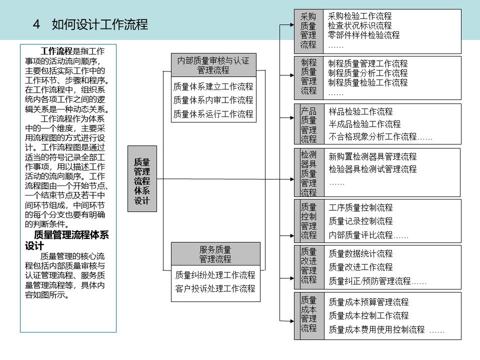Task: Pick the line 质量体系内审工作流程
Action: (x=213, y=100)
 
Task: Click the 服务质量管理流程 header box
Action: (x=215, y=254)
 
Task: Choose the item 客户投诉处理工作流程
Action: (x=215, y=288)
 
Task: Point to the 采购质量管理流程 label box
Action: (x=308, y=31)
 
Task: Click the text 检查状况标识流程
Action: (x=359, y=26)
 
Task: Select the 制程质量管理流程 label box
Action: (x=308, y=77)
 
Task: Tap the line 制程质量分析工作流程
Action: (x=367, y=73)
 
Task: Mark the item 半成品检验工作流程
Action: (x=364, y=124)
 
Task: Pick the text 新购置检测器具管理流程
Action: (x=372, y=157)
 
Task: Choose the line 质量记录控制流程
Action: (x=360, y=221)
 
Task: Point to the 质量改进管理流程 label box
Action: (x=308, y=265)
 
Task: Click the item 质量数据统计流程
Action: (x=360, y=253)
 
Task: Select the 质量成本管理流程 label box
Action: (x=308, y=314)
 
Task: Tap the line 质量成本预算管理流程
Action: (x=368, y=302)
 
